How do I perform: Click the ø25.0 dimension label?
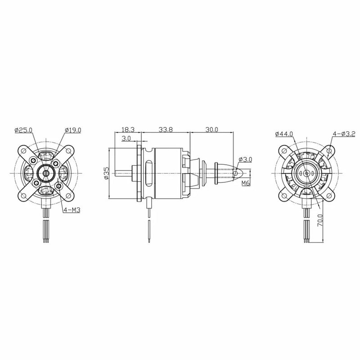(23, 130)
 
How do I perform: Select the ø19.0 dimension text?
(73, 130)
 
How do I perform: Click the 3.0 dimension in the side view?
(126, 138)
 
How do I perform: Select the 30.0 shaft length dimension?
(211, 129)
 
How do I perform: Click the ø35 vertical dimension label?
(107, 173)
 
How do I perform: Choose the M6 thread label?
(246, 183)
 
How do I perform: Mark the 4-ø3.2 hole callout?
(344, 134)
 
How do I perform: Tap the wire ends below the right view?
(306, 240)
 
